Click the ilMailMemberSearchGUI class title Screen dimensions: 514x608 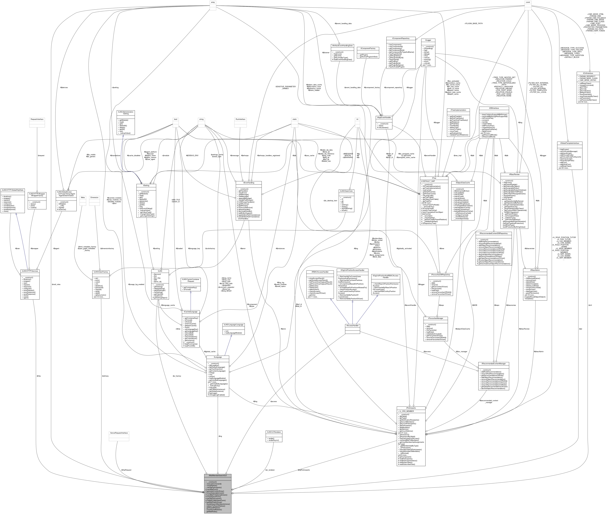tap(218, 475)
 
